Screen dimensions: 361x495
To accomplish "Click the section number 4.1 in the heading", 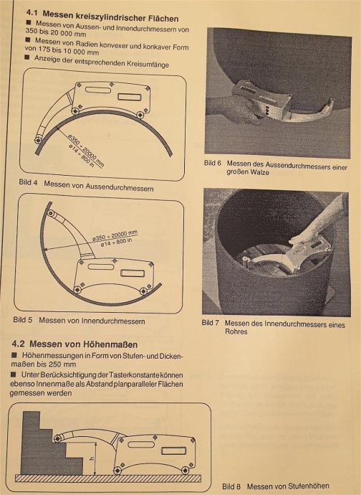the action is click(32, 13).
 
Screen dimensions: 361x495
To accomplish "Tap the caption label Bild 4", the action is click(28, 182).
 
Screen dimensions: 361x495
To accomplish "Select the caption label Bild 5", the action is click(23, 319).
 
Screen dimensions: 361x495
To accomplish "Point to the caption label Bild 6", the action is click(213, 163).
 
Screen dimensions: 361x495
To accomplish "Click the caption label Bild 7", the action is click(211, 323).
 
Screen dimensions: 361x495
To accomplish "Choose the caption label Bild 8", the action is click(231, 486).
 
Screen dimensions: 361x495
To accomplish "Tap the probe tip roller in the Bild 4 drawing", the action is click(38, 140).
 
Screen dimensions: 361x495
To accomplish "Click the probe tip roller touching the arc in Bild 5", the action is click(50, 214).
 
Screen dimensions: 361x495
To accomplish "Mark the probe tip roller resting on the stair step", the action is click(57, 438).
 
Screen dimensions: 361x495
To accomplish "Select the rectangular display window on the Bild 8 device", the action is click(173, 451).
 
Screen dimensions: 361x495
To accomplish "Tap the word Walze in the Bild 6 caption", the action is click(261, 172).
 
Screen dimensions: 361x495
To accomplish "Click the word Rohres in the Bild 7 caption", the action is click(236, 331).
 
